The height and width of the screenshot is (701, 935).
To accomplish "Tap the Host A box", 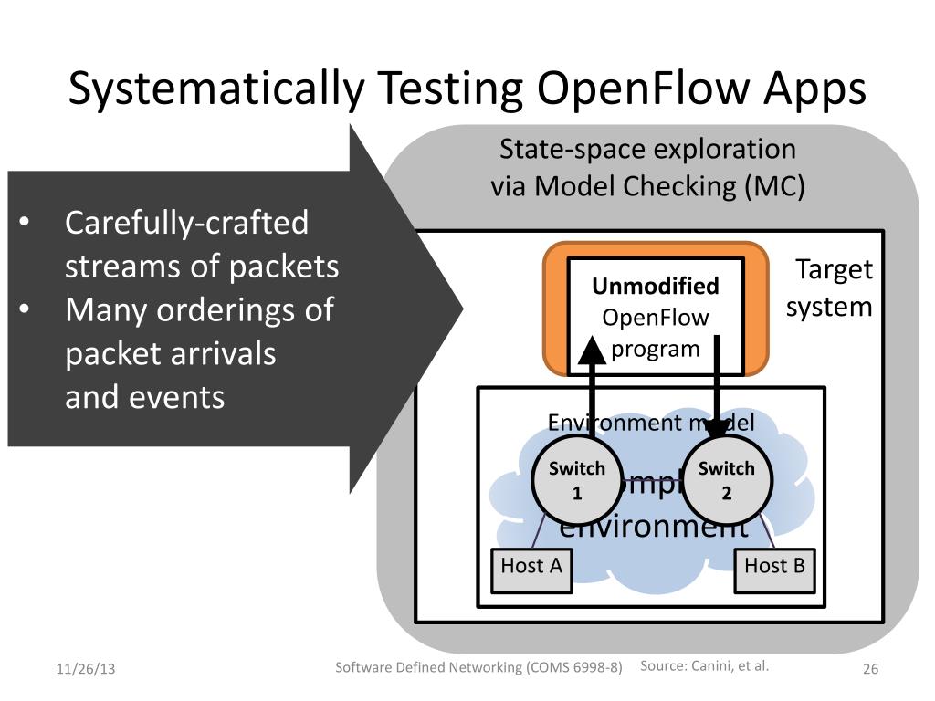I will click(531, 567).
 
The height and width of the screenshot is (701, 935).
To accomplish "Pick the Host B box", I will click(774, 567).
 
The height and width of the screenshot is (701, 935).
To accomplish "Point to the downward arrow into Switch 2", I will click(718, 383).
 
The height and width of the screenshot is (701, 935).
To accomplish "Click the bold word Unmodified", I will click(656, 287).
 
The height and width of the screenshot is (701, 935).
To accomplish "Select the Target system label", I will click(830, 288).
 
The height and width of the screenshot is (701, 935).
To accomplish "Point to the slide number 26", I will click(870, 669).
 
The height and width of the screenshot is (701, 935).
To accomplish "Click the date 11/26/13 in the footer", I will click(86, 669).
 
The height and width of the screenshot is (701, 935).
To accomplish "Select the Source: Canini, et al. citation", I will click(705, 665).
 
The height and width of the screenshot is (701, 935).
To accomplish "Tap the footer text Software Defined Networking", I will click(429, 667).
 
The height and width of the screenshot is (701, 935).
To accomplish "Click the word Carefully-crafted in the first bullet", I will click(186, 223).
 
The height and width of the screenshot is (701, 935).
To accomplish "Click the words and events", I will click(144, 397).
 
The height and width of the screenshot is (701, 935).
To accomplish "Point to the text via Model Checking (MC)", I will click(648, 186).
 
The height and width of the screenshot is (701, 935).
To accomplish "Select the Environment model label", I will click(650, 422).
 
